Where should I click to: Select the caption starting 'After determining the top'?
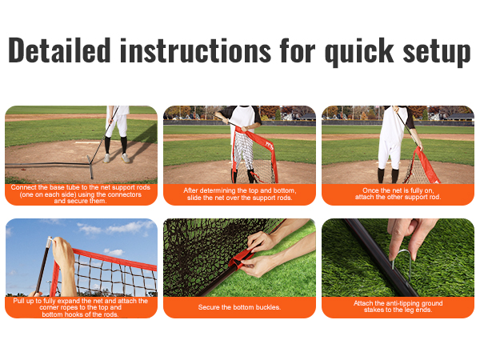239,194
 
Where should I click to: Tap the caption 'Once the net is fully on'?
398,194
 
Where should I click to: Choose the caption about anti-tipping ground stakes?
398,306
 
